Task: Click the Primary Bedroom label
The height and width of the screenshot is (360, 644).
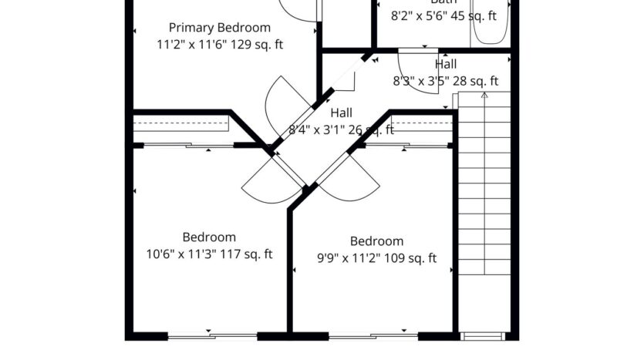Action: point(220,28)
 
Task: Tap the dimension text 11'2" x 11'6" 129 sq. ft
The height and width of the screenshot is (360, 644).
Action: point(220,45)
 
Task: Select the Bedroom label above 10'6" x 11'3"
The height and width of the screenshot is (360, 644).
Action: point(209,237)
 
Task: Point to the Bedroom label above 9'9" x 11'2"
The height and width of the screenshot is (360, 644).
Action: point(376,241)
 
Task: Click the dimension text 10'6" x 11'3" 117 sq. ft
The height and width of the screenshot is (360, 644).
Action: point(209,254)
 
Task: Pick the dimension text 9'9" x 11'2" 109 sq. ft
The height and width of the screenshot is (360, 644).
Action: point(376,258)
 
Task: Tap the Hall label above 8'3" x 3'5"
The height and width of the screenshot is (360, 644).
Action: point(446,65)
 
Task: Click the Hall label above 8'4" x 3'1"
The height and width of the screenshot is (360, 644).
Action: point(342,113)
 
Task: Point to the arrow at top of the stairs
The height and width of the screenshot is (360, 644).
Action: point(484,96)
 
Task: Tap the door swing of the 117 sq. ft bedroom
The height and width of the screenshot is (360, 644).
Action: point(266,183)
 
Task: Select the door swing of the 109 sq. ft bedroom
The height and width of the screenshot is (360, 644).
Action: point(352,183)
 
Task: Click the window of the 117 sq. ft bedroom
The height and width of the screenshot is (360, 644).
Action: point(212,335)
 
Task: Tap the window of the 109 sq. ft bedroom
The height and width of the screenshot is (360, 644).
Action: point(373,335)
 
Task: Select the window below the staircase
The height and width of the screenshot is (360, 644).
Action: point(484,336)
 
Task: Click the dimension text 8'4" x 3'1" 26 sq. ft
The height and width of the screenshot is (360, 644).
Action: point(342,130)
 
